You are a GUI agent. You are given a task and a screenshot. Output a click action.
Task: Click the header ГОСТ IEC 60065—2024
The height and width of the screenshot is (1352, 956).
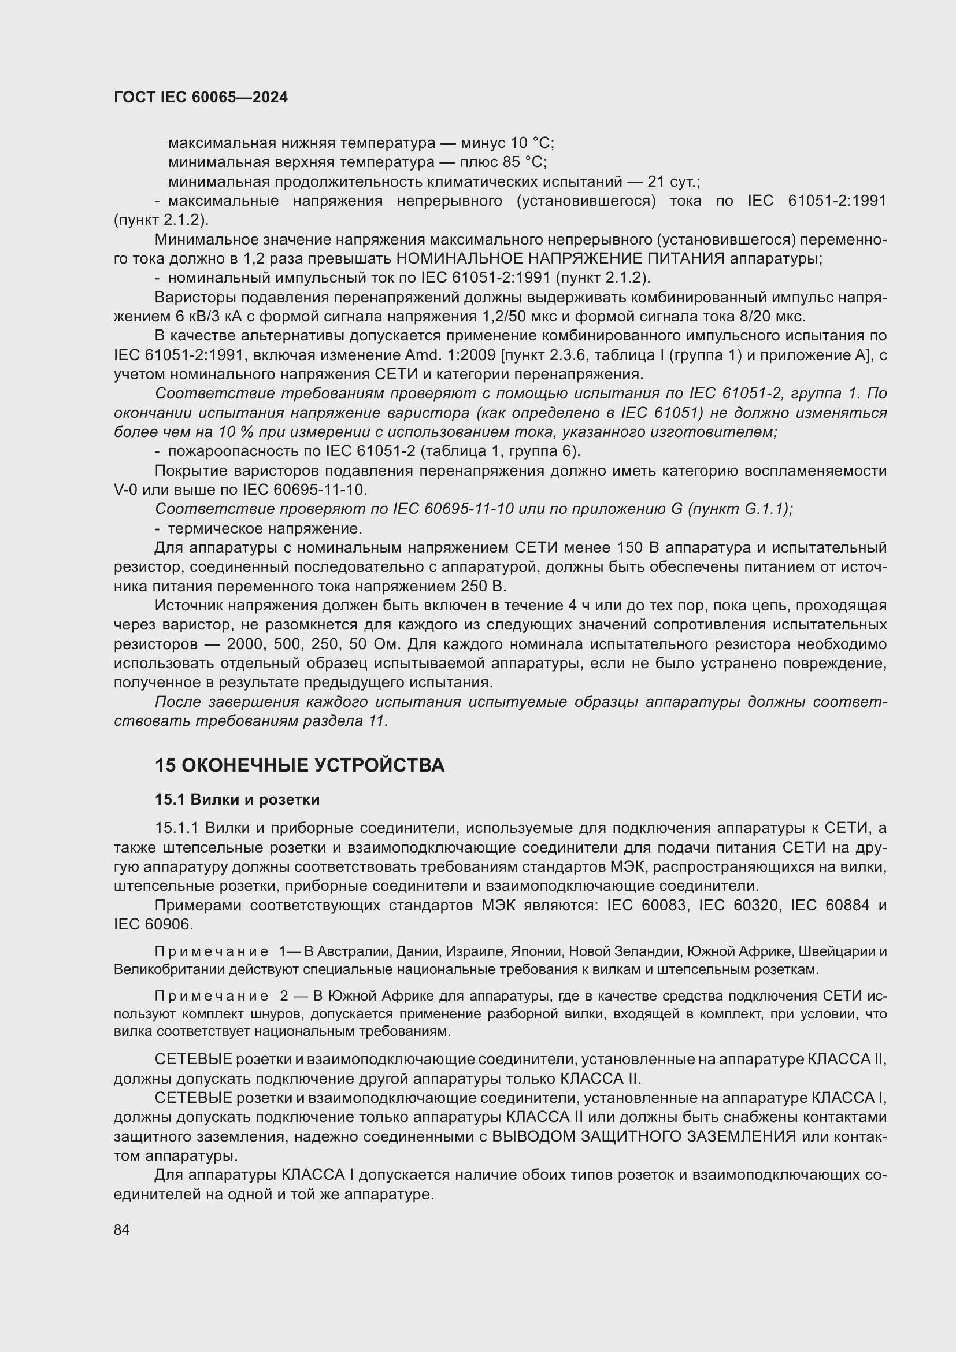[x=201, y=97]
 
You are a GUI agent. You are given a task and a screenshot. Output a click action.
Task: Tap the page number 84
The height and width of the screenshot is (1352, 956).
[x=122, y=1229]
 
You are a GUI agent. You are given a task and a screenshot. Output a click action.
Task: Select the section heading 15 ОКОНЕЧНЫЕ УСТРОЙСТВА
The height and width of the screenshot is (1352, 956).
[x=299, y=765]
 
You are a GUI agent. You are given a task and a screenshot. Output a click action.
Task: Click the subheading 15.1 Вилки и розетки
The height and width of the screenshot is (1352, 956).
[x=237, y=799]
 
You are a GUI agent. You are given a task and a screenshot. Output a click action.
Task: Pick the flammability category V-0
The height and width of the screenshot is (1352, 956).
[x=126, y=490]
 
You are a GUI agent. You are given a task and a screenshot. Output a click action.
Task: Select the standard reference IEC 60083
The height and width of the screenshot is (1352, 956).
[x=646, y=905]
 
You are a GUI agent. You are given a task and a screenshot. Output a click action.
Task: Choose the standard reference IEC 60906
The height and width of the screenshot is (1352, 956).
[x=153, y=924]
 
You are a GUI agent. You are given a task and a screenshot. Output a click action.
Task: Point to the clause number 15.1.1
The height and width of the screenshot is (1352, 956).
[x=177, y=828]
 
